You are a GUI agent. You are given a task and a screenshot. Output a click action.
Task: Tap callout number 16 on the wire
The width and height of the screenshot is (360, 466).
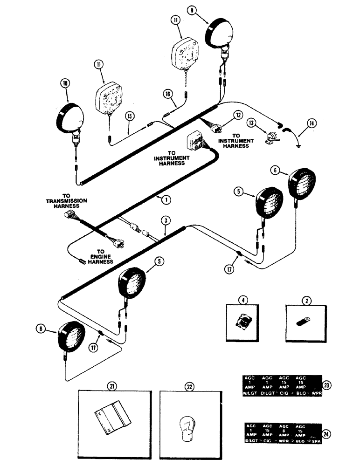point(168,94)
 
